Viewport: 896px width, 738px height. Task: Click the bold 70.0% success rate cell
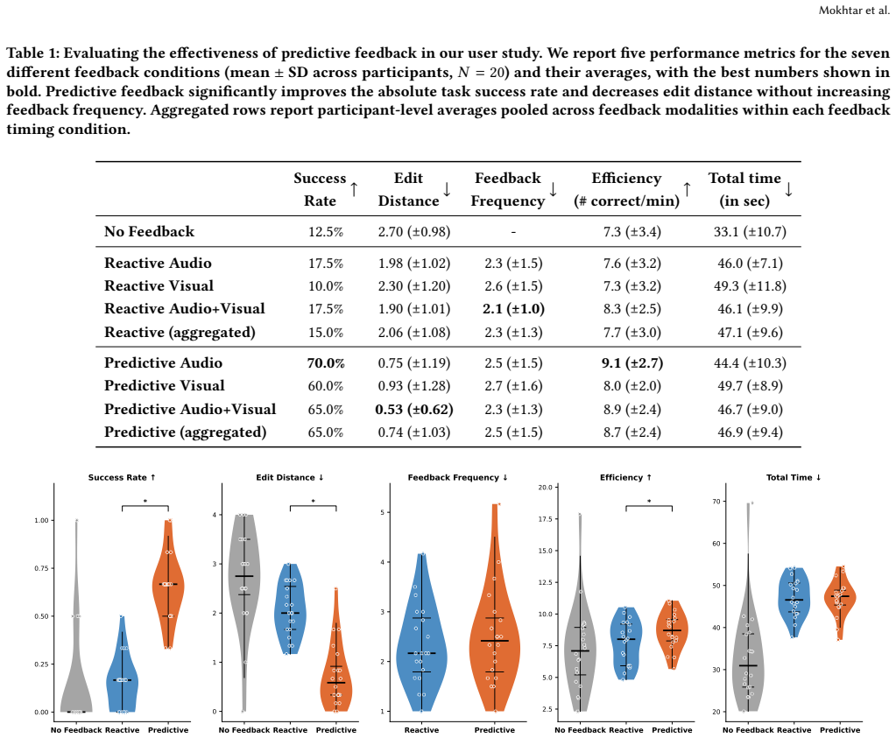[326, 363]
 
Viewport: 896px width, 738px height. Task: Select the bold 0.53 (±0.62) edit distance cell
[414, 410]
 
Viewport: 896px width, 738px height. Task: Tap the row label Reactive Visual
[159, 285]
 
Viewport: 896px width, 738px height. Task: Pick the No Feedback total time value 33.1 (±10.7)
[750, 232]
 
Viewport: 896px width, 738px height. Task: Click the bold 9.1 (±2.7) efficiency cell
[632, 363]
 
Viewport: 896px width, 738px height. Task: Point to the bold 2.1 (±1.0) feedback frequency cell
[513, 309]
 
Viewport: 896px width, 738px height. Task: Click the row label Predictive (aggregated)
[185, 432]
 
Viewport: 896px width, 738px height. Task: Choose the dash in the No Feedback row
[514, 232]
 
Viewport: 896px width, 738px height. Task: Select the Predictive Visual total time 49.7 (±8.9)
[750, 386]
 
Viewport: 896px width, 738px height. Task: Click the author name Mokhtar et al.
[854, 10]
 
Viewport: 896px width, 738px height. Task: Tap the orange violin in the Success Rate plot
[168, 584]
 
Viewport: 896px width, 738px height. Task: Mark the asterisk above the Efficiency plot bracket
[649, 502]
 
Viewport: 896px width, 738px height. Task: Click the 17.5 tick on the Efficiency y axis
[545, 519]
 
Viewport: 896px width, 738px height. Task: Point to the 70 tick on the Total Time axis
[716, 502]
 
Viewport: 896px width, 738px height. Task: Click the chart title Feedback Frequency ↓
[458, 477]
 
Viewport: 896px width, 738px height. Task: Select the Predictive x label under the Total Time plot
[840, 730]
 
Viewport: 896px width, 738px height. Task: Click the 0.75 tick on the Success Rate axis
[41, 568]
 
